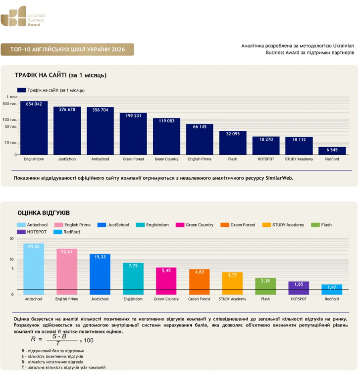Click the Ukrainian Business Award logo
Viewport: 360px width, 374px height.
[23, 16]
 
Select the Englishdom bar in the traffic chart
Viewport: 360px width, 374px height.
[34, 128]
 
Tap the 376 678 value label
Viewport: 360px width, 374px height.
[67, 109]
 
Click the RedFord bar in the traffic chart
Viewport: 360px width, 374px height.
[332, 151]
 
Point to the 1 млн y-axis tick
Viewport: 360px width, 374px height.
[11, 97]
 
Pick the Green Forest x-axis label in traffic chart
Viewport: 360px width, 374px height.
[133, 159]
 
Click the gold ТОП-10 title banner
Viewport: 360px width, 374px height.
[67, 50]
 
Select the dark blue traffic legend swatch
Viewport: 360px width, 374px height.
[21, 90]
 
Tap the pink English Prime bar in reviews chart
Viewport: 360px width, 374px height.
[67, 271]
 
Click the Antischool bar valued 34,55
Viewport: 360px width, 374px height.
[34, 269]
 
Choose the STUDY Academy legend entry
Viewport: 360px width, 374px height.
[283, 225]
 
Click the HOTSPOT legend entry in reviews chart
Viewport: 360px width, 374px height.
[32, 232]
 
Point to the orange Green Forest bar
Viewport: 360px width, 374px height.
[199, 282]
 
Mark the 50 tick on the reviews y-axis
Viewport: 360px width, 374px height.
[11, 239]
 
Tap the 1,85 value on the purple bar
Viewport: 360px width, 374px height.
[299, 284]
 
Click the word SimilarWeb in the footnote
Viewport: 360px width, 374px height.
[279, 178]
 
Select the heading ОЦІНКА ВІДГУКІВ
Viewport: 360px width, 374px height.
[44, 213]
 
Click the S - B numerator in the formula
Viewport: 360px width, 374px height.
[59, 336]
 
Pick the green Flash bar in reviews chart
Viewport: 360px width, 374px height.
[265, 286]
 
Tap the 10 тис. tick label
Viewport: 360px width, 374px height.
[10, 142]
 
